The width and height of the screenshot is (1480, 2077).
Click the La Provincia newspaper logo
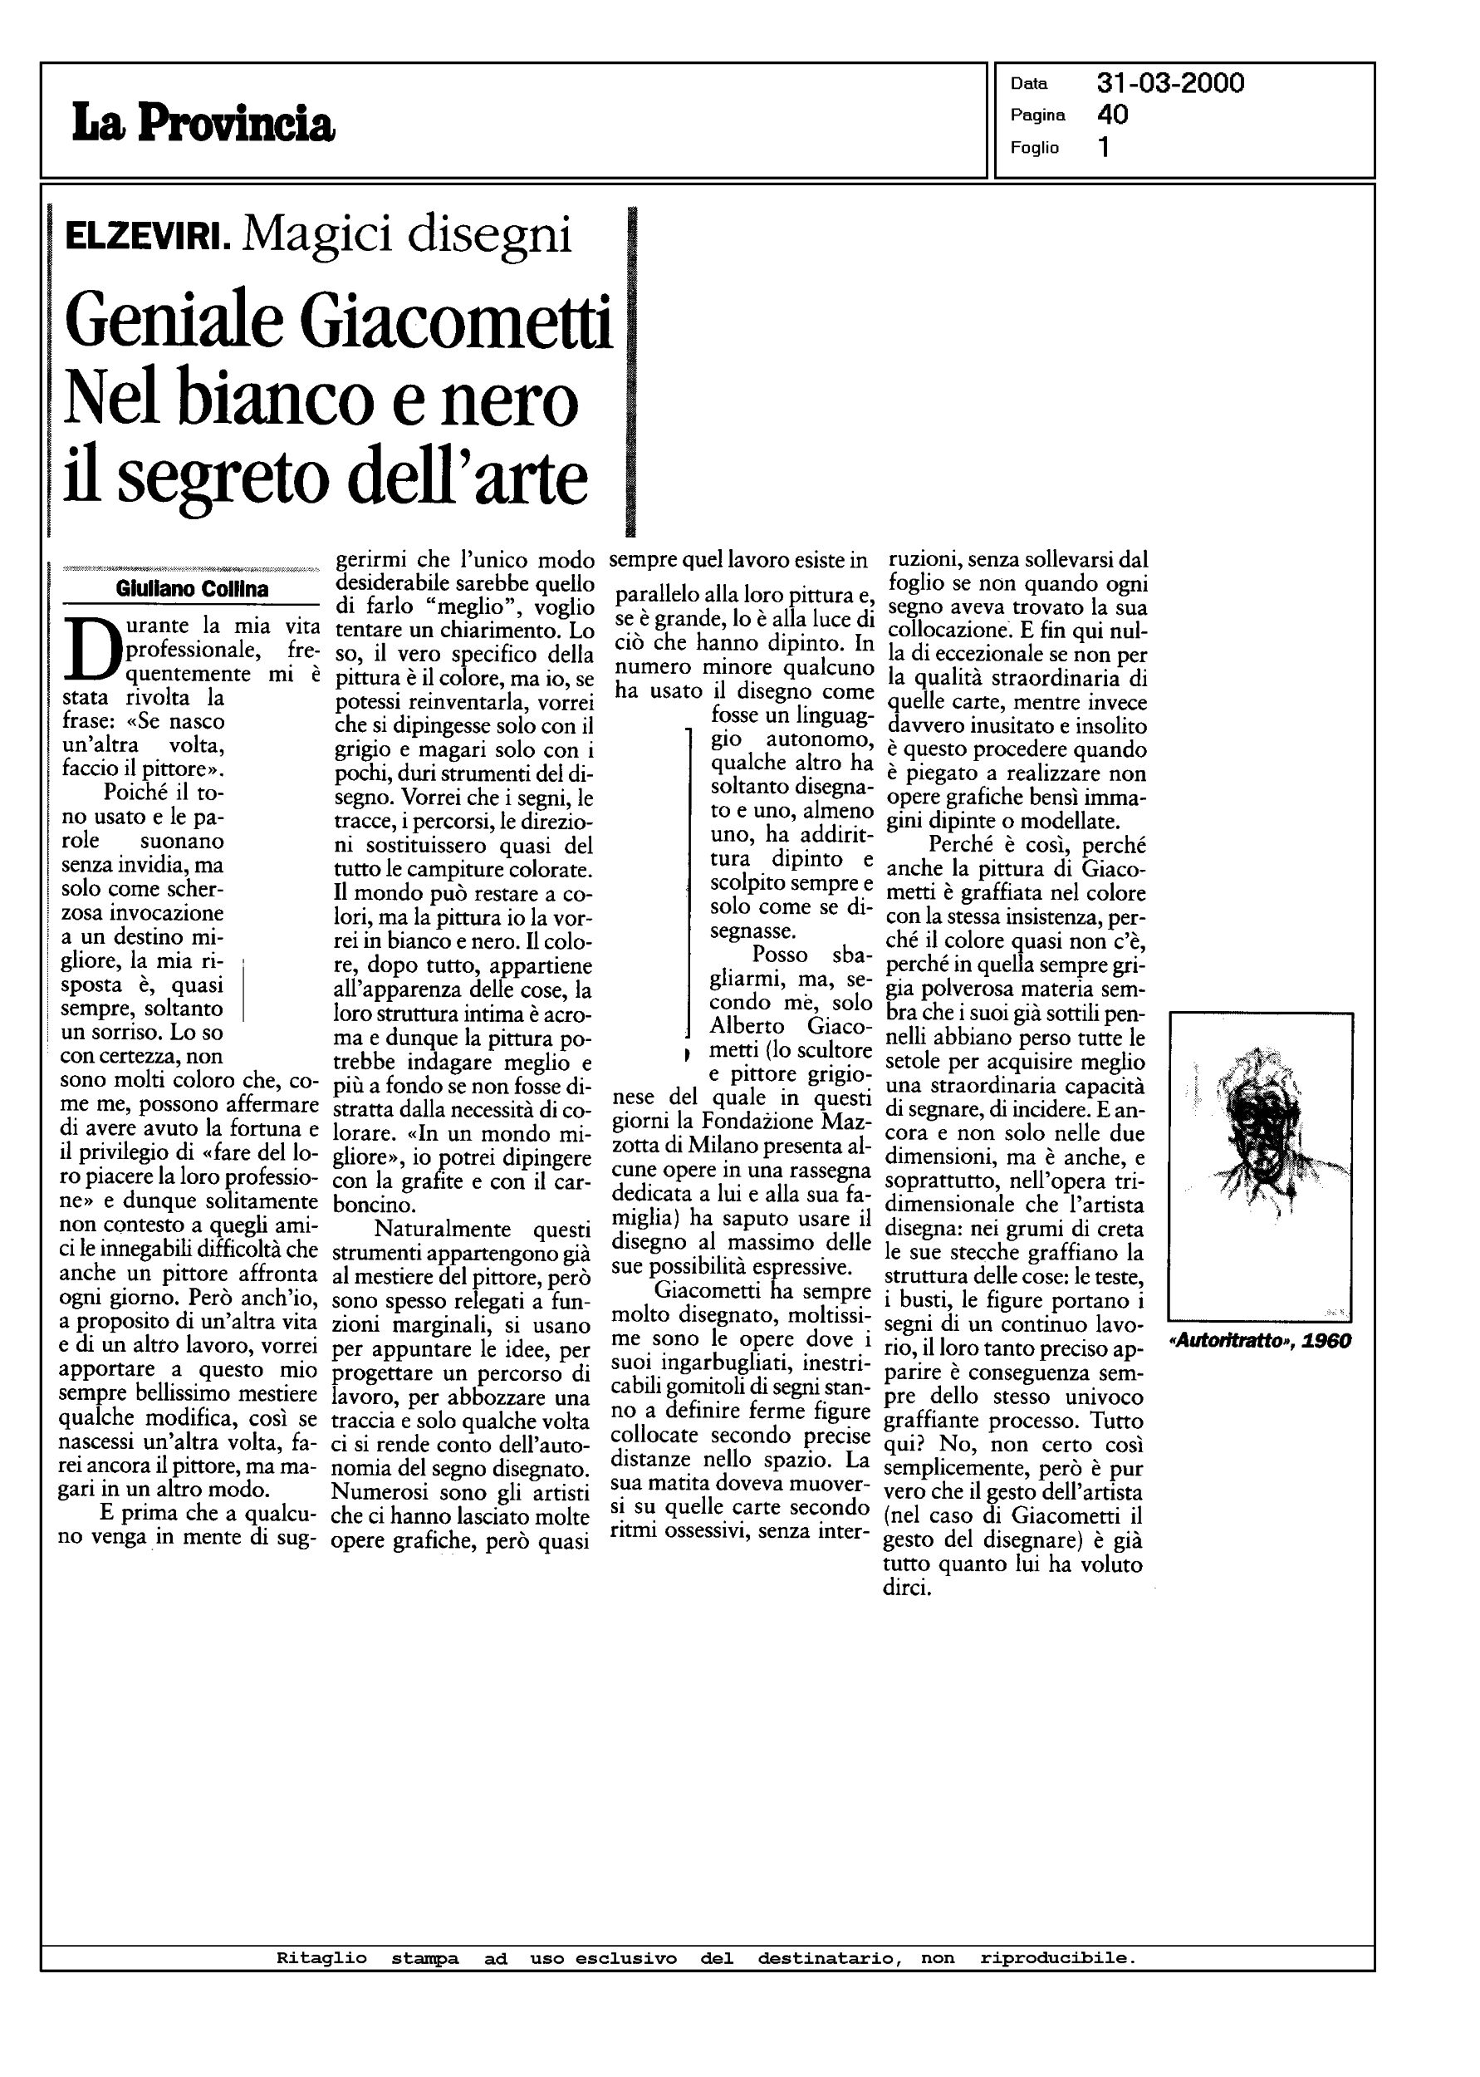click(203, 124)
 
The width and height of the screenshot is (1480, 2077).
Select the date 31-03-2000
click(1170, 84)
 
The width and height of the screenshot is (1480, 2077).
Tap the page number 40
click(1113, 115)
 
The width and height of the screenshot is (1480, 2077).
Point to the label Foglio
click(1034, 148)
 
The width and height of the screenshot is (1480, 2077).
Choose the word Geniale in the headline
click(173, 323)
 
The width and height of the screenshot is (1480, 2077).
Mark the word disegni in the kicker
click(489, 235)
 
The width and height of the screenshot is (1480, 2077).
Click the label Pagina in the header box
click(1038, 115)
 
